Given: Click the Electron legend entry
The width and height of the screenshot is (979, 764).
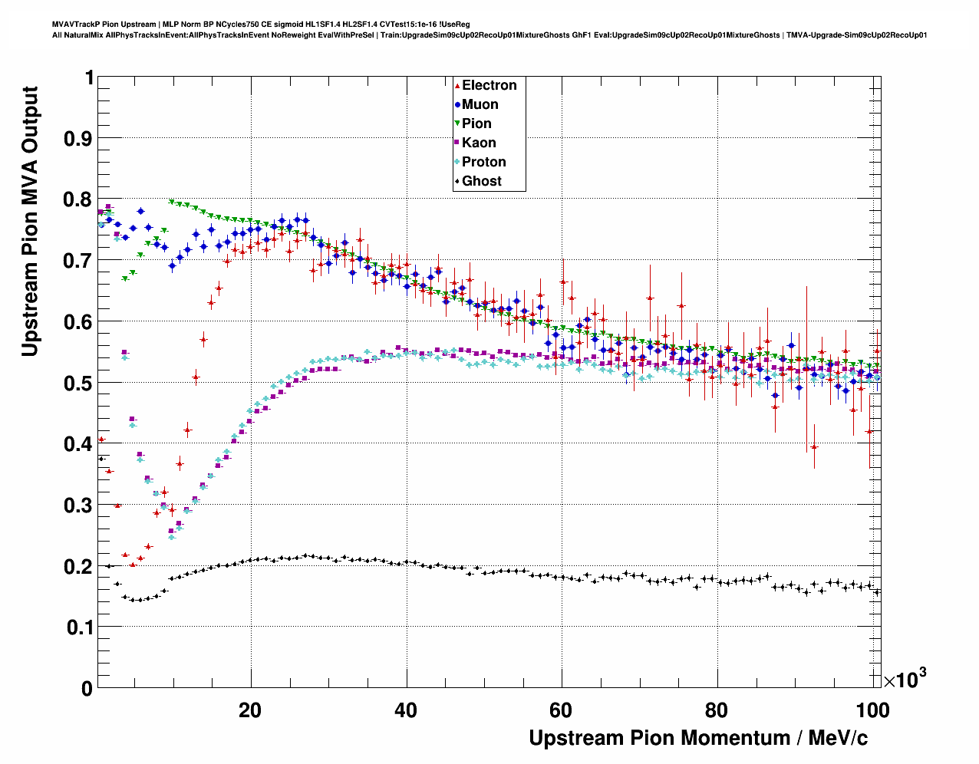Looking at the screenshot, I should pos(489,85).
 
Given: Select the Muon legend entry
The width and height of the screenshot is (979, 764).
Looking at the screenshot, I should pos(480,104).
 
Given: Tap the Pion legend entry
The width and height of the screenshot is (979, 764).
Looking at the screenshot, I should pos(476,123).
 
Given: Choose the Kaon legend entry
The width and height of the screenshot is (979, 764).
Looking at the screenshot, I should pos(479,143).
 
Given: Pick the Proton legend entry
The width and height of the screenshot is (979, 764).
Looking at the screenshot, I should pos(483,162).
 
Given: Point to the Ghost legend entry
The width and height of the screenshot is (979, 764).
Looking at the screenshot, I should pos(481,181).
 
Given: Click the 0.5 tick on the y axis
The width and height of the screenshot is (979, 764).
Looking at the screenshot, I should pos(79,383).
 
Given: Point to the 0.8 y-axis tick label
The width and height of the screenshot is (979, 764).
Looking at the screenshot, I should pos(79,199).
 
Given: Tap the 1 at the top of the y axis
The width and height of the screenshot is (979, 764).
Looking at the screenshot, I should pos(89,77).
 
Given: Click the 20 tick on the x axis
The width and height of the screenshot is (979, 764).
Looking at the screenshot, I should pos(250,710).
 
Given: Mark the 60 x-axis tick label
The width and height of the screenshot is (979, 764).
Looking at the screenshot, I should pos(562,710).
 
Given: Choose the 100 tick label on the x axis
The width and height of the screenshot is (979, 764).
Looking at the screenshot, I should pos(873,710).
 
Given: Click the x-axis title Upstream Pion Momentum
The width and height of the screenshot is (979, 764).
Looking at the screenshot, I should pos(698,738).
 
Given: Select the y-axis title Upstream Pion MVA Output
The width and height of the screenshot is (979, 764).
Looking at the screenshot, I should pos(30,221).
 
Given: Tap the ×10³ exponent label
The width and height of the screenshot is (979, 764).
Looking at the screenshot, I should pos(905,679).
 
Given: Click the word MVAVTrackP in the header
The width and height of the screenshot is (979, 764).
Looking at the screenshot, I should pos(74,25).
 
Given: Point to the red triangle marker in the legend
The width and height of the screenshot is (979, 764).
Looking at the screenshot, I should pos(457,85).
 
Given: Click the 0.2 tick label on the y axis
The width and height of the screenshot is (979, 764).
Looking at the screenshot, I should pos(79,566).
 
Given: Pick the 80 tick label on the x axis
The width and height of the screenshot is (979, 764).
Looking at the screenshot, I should pos(717,710).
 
